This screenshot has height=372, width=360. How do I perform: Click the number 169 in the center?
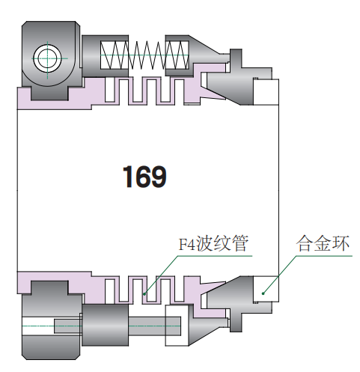point(144,177)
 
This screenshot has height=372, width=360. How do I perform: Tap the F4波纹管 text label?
point(213,243)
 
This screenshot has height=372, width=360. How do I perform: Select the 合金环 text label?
point(323,243)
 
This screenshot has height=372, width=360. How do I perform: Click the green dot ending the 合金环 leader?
point(263,293)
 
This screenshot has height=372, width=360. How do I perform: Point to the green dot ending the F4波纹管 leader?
point(144,294)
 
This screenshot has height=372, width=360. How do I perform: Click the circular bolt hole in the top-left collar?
point(47,58)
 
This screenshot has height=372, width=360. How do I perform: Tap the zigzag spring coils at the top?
point(144,55)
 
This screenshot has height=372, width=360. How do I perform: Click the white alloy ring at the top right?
point(266,92)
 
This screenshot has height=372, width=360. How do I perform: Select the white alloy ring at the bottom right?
point(266,289)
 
